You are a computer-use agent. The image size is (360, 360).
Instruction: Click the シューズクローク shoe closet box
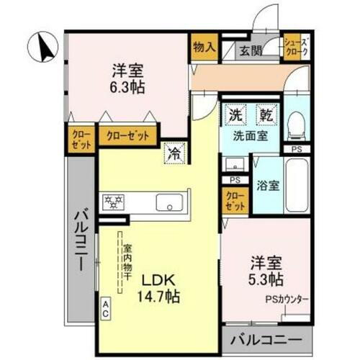(296, 48)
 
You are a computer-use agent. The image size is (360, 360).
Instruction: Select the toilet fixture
(296, 127)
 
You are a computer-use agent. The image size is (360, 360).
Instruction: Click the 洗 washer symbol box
(235, 115)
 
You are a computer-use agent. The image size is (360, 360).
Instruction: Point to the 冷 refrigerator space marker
(174, 153)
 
